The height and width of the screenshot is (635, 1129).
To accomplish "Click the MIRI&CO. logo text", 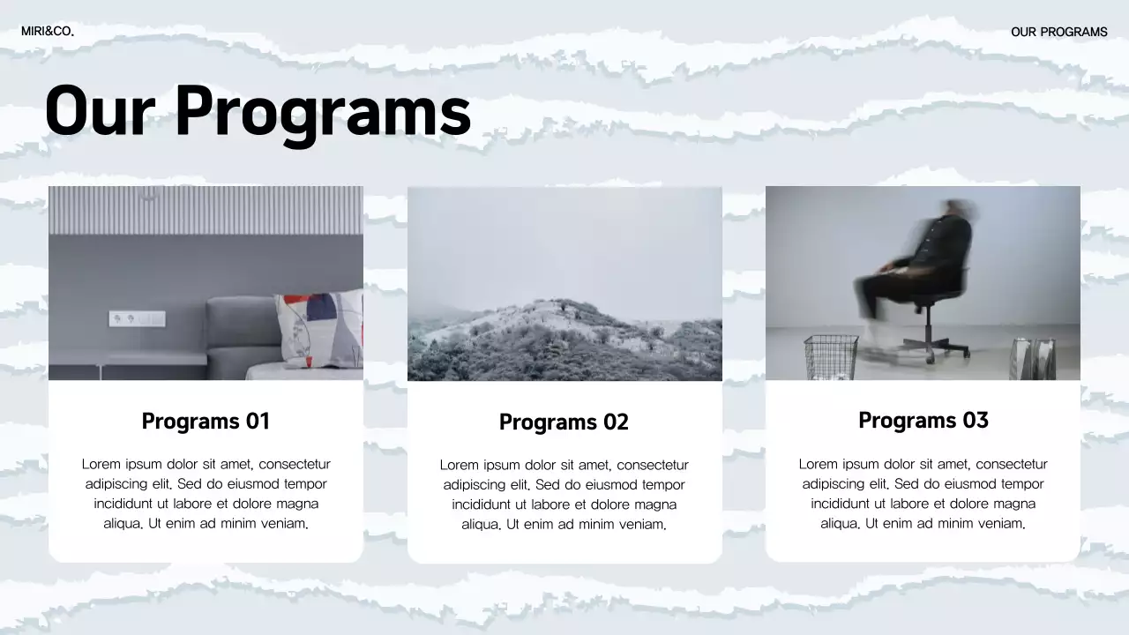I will (x=48, y=32).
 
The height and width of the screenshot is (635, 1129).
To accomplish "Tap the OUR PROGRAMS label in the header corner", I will (x=1058, y=32).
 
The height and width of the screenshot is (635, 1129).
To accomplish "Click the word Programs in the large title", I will (x=322, y=111).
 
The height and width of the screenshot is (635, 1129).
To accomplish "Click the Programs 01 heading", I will (x=206, y=421).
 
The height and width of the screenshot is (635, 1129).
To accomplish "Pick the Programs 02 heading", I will (x=564, y=422).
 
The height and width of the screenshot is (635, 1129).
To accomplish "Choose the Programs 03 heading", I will (x=923, y=420).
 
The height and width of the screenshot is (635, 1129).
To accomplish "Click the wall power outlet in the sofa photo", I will (x=136, y=318).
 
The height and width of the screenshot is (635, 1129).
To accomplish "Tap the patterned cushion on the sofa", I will (x=318, y=328).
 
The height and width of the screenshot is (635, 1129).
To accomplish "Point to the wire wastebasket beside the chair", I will (x=831, y=357).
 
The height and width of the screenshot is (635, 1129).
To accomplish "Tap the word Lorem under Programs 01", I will (x=101, y=464).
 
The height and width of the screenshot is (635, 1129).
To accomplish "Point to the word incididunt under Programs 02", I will (x=482, y=504).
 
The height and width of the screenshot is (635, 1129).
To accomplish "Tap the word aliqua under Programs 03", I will (x=841, y=524).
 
